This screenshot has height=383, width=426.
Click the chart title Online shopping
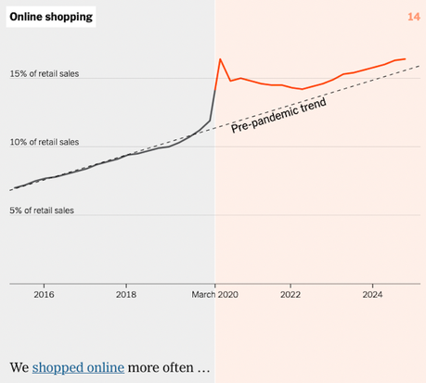pyautogui.click(x=51, y=17)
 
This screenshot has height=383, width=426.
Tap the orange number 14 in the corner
pyautogui.click(x=413, y=17)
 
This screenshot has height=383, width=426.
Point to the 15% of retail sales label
pyautogui.click(x=42, y=73)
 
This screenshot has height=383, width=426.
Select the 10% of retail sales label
pyautogui.click(x=42, y=142)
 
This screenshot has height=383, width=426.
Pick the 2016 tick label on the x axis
pyautogui.click(x=44, y=294)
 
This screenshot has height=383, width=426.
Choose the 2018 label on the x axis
pyautogui.click(x=126, y=294)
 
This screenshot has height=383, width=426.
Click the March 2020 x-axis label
pyautogui.click(x=214, y=294)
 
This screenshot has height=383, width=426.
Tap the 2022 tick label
pyautogui.click(x=290, y=294)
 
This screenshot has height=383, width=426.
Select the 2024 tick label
pyautogui.click(x=372, y=294)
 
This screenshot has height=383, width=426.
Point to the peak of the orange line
pyautogui.click(x=220, y=59)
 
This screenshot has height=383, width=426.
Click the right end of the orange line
pyautogui.click(x=405, y=58)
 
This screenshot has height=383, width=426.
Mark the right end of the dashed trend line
pyautogui.click(x=420, y=66)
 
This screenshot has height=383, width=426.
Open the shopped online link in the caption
pyautogui.click(x=78, y=367)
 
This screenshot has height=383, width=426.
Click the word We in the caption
pyautogui.click(x=19, y=367)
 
